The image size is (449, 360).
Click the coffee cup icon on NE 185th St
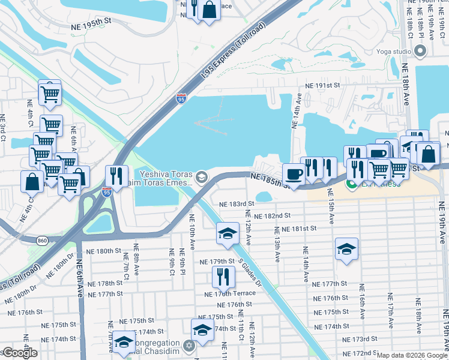293,173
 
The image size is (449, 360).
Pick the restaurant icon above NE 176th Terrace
221,277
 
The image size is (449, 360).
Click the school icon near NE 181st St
228,233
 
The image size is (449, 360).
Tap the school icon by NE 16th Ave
346,248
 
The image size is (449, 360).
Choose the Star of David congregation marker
189,346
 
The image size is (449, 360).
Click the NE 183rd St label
234,205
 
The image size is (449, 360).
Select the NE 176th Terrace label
230,294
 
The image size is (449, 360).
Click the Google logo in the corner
19,353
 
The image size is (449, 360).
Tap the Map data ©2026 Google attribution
411,355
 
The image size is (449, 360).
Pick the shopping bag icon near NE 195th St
209,10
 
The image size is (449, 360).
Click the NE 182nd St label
272,215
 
